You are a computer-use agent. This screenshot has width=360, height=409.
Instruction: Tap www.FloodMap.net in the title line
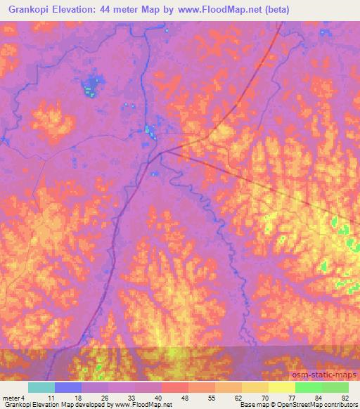coord(215,11)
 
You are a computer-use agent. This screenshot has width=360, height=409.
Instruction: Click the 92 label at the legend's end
coord(345,398)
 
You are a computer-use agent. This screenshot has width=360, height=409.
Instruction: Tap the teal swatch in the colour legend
coord(42,387)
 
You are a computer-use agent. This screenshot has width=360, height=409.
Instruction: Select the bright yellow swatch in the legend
coord(282,387)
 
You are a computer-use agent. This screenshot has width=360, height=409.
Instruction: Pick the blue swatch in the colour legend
coord(69,387)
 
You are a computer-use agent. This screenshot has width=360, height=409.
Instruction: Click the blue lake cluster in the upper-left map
coord(89,89)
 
